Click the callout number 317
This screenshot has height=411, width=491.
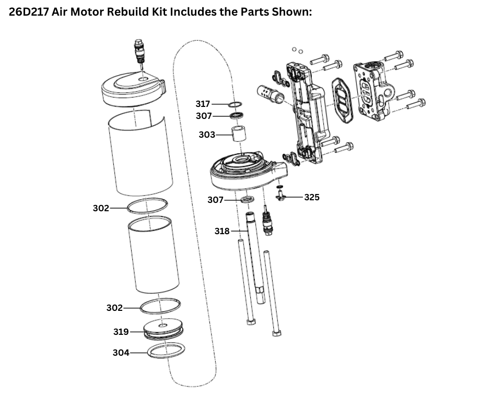[x=203, y=104]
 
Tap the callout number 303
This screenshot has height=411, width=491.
[x=207, y=135]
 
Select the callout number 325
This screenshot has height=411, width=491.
[x=311, y=197]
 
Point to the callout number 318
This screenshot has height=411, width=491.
[x=222, y=231]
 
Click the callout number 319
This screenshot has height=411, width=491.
[x=121, y=332]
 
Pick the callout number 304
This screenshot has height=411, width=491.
[x=121, y=353]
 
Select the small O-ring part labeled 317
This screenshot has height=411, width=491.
[x=235, y=105]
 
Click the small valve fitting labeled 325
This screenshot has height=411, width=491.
[x=280, y=196]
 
